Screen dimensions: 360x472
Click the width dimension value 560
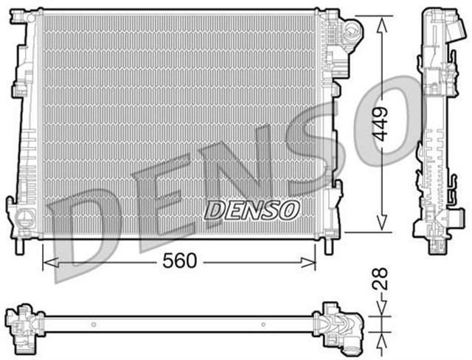[x=178, y=261]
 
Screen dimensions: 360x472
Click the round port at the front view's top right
[x=352, y=32]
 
